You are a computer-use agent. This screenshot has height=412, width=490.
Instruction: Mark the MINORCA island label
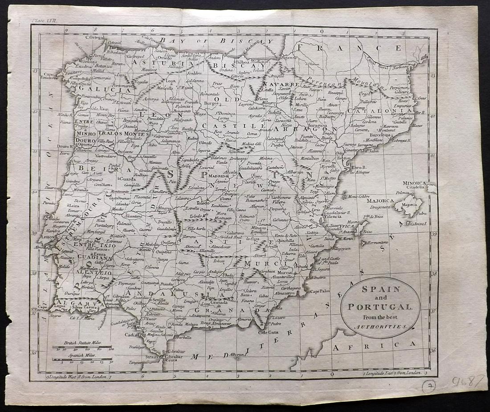(x=414, y=183)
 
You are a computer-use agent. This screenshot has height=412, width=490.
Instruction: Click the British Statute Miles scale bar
(x=82, y=347)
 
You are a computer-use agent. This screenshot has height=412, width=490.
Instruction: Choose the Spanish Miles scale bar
(x=82, y=359)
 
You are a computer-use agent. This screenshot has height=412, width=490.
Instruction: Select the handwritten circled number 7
(x=429, y=386)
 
